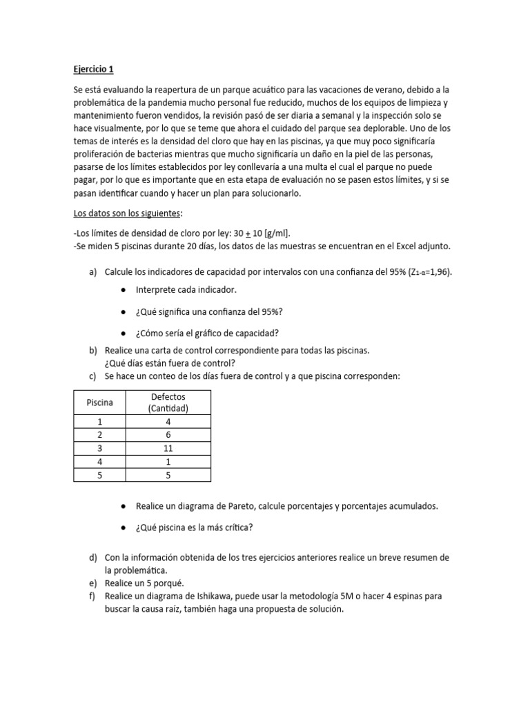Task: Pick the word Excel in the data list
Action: pyautogui.click(x=406, y=246)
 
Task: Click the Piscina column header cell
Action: pyautogui.click(x=99, y=402)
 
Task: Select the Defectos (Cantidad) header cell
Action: pyautogui.click(x=168, y=402)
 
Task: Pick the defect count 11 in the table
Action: pyautogui.click(x=168, y=448)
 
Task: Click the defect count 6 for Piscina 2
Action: pyautogui.click(x=168, y=435)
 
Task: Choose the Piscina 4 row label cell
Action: pyautogui.click(x=99, y=461)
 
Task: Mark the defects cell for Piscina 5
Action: pyautogui.click(x=168, y=474)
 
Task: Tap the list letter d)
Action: pyautogui.click(x=92, y=558)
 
